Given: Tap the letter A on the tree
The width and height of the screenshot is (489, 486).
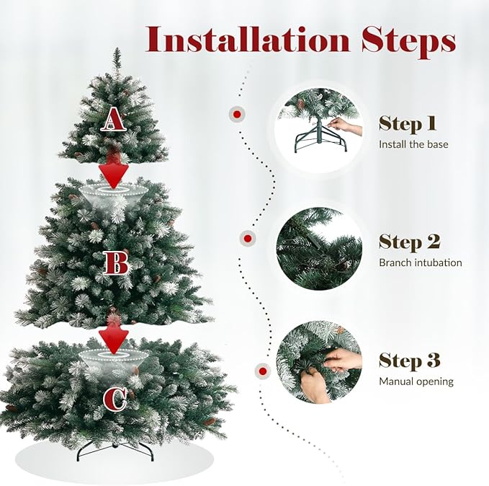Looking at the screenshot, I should tap(114, 119).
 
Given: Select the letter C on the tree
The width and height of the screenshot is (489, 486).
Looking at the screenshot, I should tap(115, 399).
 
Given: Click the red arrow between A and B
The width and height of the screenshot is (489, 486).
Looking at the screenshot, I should tap(114, 172).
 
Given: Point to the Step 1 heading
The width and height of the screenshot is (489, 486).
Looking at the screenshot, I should tap(408, 123).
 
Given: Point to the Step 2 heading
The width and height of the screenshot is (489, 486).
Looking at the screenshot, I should tap(409, 242).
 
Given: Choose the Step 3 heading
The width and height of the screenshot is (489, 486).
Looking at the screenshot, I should tap(409, 361).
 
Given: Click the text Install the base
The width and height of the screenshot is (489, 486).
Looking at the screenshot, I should tap(413, 144).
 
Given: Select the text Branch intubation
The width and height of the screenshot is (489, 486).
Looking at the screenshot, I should tap(421, 262).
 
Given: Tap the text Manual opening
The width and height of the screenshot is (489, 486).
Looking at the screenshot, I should tap(416, 381).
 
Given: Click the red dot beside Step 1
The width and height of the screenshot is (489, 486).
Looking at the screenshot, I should tap(235, 114).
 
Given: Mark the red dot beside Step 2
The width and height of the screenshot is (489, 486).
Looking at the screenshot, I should tap(247, 237).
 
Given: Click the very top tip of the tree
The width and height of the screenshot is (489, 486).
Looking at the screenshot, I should tap(116, 50).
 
